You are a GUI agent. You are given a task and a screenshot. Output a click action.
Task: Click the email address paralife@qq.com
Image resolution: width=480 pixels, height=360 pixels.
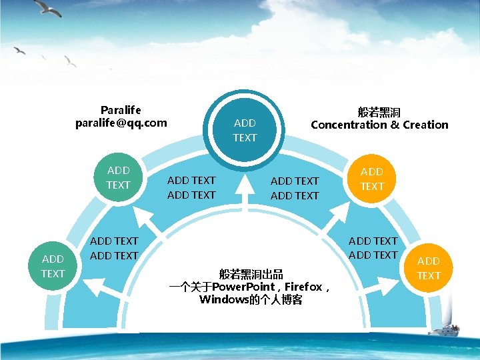[x=121, y=123]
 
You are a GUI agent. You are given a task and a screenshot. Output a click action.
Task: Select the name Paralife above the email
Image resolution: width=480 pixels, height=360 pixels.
[x=121, y=109]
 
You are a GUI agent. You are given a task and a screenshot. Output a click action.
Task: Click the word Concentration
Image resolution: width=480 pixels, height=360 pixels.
[x=348, y=125]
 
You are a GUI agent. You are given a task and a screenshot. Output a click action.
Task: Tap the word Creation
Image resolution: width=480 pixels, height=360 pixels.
[x=425, y=125]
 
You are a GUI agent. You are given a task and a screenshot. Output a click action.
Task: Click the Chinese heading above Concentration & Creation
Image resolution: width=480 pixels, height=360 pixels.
[x=379, y=111]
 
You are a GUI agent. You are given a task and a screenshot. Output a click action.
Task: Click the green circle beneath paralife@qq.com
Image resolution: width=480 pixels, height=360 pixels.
[x=119, y=177]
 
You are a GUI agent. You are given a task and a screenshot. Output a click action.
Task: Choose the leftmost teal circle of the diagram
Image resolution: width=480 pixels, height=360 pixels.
[x=52, y=266]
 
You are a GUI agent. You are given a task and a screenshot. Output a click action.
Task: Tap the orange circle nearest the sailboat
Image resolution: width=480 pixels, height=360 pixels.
[x=429, y=268]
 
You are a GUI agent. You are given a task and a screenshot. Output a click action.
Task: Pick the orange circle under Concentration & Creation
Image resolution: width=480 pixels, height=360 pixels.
[x=372, y=179]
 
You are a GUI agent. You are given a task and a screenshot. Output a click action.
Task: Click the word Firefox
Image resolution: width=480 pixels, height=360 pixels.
[x=303, y=287]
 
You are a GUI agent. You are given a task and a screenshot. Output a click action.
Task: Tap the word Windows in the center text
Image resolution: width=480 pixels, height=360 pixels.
[x=223, y=300]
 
